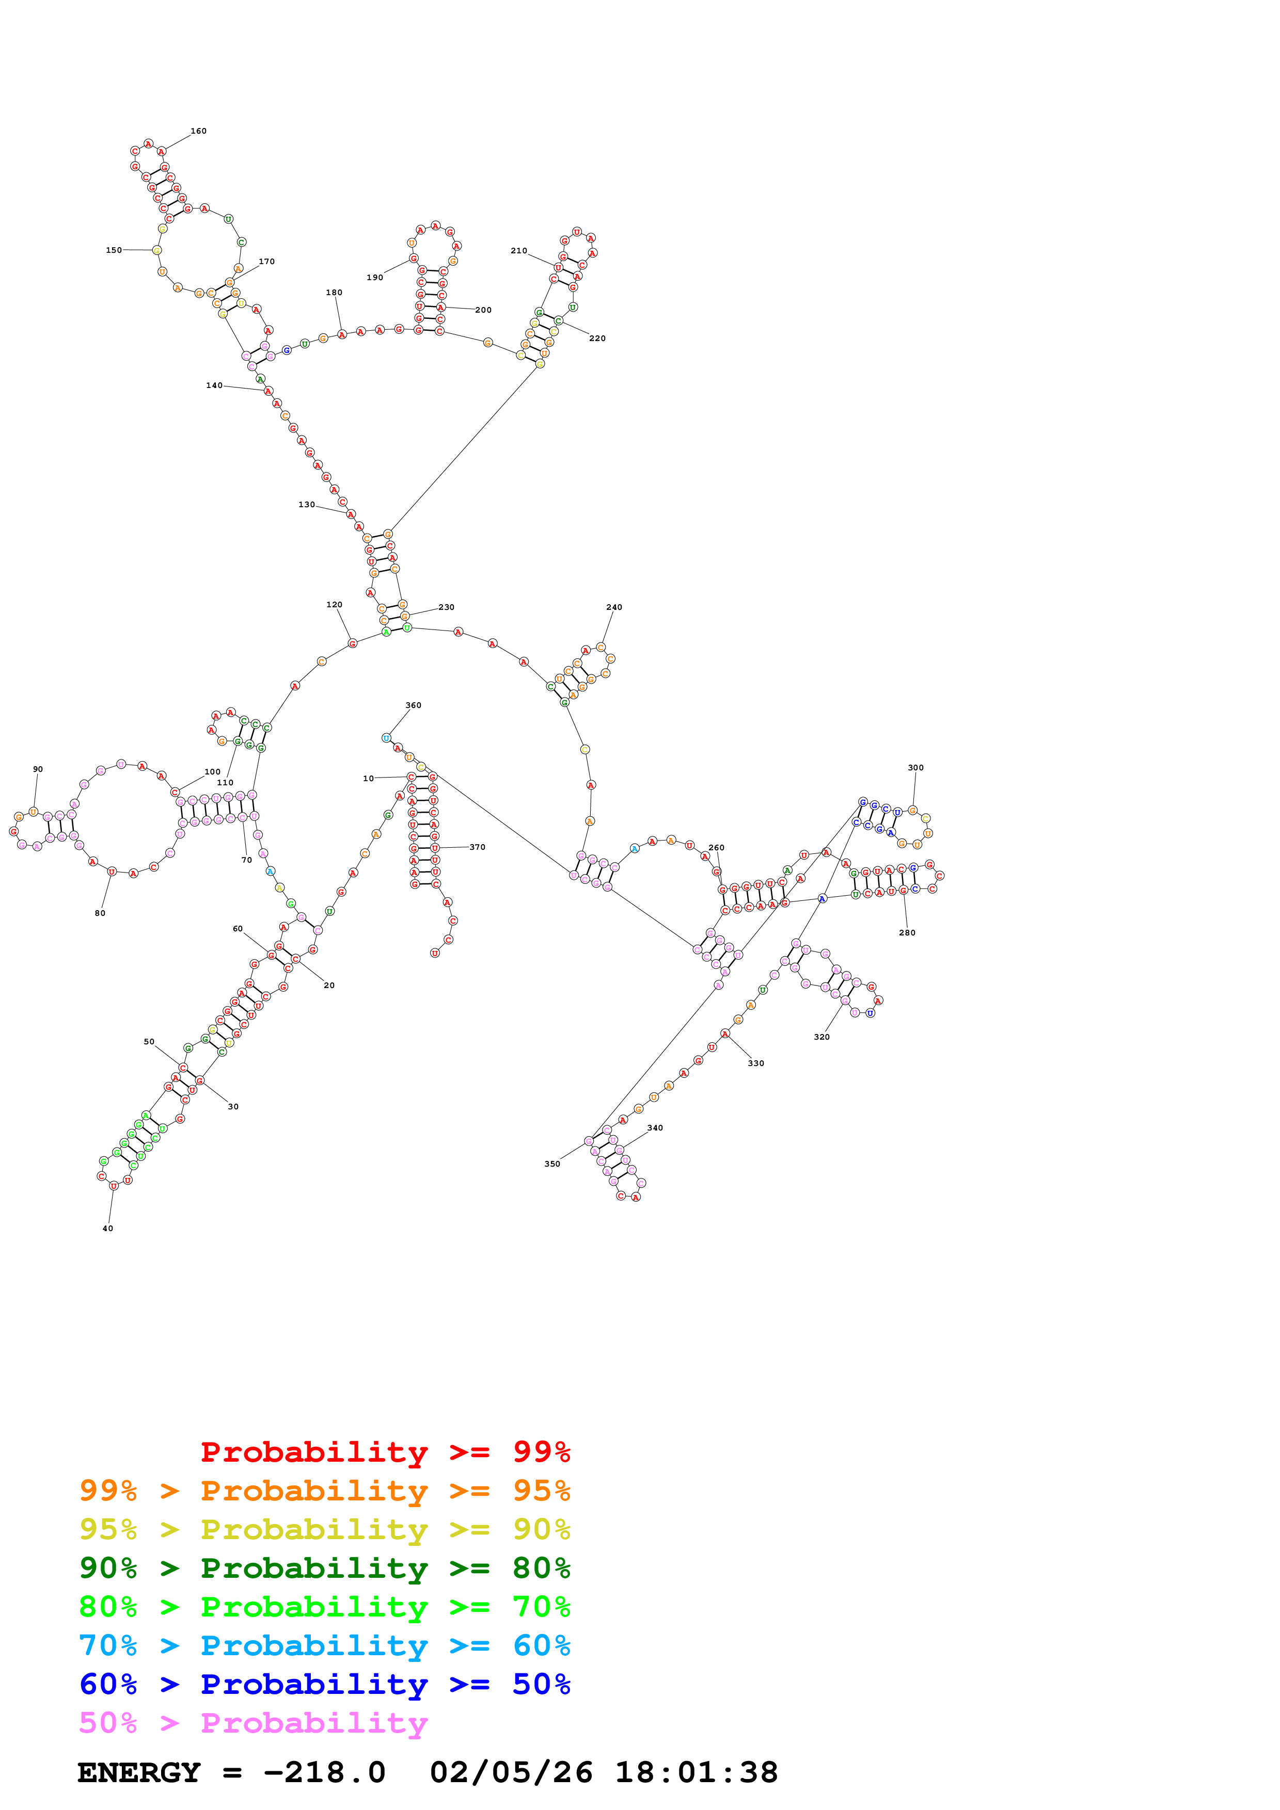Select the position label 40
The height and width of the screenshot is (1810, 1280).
coord(108,1228)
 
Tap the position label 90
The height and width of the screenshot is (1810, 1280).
coord(38,769)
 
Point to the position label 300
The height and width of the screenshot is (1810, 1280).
coord(915,768)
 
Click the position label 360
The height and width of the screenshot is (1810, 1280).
coord(413,705)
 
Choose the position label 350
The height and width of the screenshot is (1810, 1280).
coord(552,1165)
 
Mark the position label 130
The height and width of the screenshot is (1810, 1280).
coord(307,505)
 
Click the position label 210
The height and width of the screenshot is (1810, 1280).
coord(519,251)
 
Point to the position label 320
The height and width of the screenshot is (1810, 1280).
coord(822,1038)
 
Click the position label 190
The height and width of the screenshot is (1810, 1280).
coord(375,278)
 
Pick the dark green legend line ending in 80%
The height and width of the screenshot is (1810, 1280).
coord(324,1568)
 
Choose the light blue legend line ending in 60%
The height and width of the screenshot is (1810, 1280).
coord(324,1645)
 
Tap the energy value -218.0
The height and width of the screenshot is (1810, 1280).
coord(324,1773)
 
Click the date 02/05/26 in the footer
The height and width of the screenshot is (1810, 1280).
coord(511,1773)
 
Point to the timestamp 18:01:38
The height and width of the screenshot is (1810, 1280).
coord(697,1773)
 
